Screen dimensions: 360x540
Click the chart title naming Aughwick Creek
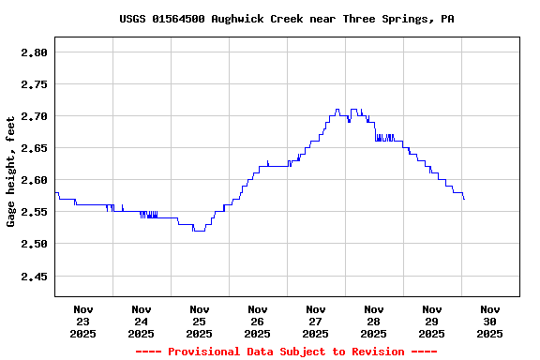click(287, 19)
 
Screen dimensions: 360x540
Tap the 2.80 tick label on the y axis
click(34, 52)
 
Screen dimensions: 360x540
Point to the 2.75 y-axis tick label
click(34, 84)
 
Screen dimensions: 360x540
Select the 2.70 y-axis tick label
click(34, 116)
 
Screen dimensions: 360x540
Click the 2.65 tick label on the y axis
click(34, 148)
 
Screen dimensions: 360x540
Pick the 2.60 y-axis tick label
click(34, 180)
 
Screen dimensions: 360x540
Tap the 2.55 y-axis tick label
click(34, 212)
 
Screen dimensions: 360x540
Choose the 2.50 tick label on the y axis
click(34, 244)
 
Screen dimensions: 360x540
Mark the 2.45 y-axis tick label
click(34, 277)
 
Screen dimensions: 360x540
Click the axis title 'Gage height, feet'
click(11, 171)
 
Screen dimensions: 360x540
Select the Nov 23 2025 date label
click(83, 321)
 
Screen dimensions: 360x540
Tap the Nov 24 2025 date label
click(142, 321)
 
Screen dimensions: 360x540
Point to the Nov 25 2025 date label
click(200, 321)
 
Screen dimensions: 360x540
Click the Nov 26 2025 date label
click(258, 321)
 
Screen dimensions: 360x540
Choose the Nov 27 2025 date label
click(316, 321)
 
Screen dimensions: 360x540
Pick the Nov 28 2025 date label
click(374, 321)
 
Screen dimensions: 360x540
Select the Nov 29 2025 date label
click(432, 321)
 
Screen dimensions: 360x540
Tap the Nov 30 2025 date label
click(490, 321)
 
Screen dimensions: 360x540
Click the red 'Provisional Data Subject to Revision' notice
click(287, 352)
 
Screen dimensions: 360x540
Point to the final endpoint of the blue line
click(464, 199)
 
